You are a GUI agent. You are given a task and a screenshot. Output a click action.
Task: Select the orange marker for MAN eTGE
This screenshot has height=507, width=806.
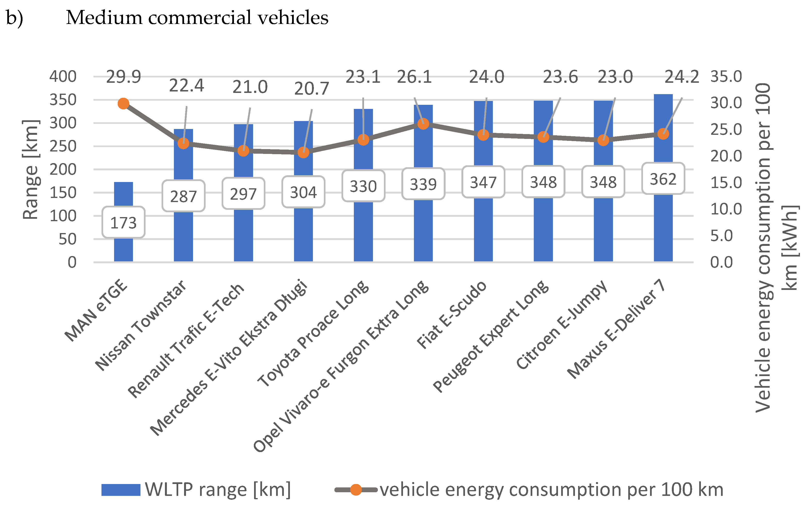tap(123, 104)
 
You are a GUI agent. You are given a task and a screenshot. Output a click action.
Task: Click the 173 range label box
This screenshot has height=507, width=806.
tap(123, 222)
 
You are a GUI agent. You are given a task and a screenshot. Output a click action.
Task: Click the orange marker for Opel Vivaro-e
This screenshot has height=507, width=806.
tap(423, 124)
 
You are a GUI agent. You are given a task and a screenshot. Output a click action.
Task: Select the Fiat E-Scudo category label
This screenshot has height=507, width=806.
tap(452, 314)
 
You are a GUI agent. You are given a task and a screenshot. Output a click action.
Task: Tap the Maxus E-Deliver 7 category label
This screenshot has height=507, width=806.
tap(616, 329)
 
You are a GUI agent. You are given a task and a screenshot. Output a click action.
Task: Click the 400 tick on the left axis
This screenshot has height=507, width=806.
tap(63, 76)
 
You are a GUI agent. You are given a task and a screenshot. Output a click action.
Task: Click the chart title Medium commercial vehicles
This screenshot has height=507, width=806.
tap(197, 17)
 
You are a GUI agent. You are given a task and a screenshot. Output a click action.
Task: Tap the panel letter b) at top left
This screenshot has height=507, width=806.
tap(14, 17)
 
